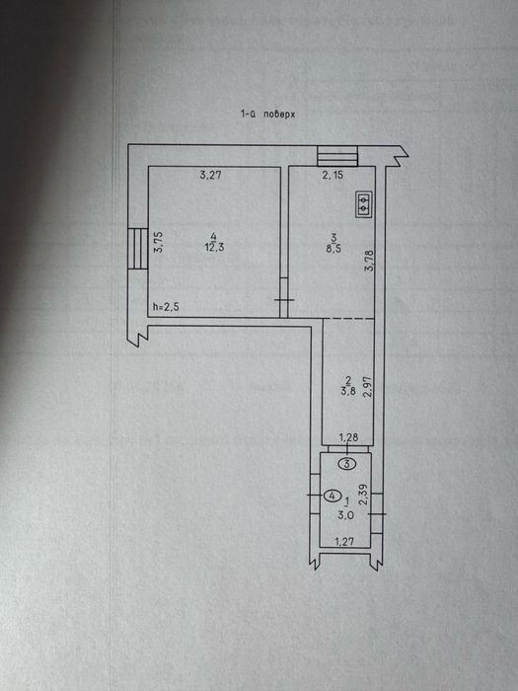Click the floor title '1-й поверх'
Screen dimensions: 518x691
(x=267, y=115)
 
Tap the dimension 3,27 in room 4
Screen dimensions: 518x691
(x=210, y=175)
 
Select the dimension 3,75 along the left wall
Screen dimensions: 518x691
(x=159, y=242)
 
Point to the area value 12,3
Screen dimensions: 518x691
(x=214, y=248)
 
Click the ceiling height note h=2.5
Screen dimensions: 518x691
(x=166, y=307)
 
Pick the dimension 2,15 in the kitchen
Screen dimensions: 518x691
(x=333, y=175)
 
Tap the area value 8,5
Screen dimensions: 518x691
(x=333, y=249)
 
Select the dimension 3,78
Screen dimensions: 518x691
(x=369, y=261)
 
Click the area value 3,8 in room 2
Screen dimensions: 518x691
(x=348, y=391)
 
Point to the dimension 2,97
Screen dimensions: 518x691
(x=368, y=387)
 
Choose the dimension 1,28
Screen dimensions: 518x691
(x=348, y=437)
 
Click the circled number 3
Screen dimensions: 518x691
(x=347, y=464)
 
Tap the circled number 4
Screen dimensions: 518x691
(x=333, y=496)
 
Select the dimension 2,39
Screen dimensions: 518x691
(x=364, y=495)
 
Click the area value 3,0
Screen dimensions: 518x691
(x=345, y=515)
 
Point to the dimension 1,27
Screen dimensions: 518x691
(x=344, y=542)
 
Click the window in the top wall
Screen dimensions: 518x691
(x=337, y=156)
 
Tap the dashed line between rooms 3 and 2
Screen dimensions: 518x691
(x=349, y=318)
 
